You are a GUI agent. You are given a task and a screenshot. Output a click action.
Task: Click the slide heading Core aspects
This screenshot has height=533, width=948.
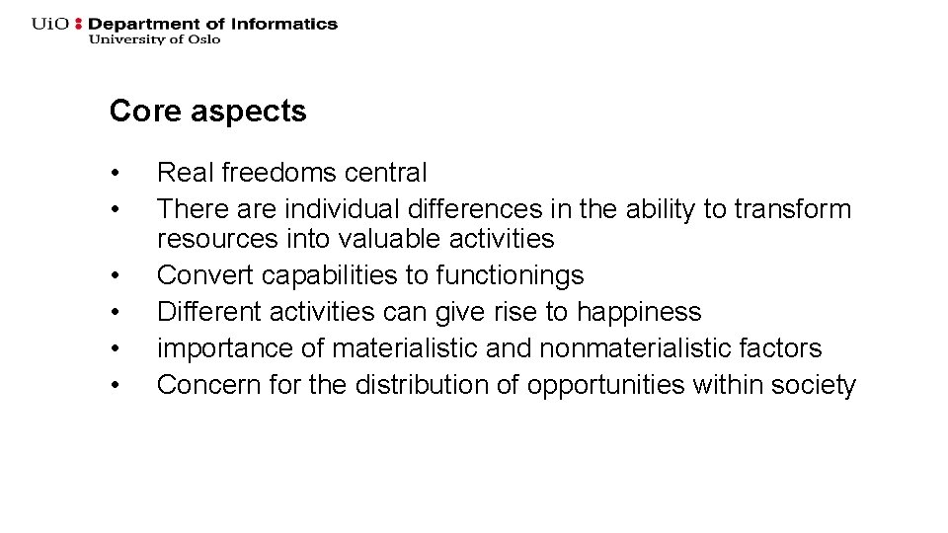[207, 112]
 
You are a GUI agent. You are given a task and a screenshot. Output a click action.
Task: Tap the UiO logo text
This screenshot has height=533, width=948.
[49, 24]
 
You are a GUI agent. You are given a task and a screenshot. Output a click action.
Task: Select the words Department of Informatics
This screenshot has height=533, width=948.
[213, 24]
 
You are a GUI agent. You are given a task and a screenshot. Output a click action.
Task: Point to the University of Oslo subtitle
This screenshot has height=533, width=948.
[154, 39]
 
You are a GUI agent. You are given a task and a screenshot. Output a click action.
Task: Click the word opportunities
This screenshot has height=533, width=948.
[605, 385]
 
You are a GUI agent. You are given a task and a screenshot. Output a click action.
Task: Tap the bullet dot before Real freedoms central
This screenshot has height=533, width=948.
[117, 175]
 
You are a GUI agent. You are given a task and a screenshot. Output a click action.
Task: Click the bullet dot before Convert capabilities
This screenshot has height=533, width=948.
[117, 277]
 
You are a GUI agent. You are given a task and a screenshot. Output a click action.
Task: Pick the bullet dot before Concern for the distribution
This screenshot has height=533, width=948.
[117, 387]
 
